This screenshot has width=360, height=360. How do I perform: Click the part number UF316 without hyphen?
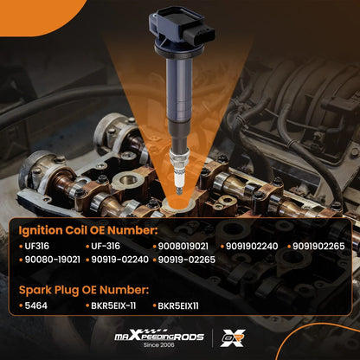click(x=36, y=246)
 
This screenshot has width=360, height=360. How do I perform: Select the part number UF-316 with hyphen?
click(x=106, y=246)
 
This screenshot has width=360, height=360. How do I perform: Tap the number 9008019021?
click(x=183, y=246)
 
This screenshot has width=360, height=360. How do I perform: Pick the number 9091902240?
click(x=252, y=246)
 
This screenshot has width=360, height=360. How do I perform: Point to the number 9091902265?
click(x=318, y=246)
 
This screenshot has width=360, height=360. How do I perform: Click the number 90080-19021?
click(x=52, y=260)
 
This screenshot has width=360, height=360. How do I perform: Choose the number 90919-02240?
click(x=119, y=260)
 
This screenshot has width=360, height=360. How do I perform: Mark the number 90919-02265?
click(x=187, y=260)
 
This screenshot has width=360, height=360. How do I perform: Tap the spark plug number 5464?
click(x=36, y=305)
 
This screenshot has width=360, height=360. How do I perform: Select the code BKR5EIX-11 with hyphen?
click(x=113, y=305)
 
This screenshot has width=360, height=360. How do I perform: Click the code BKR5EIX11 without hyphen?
click(x=178, y=305)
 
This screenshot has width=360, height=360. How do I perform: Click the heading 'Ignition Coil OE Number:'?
click(x=88, y=230)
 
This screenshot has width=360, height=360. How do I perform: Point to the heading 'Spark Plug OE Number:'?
click(x=84, y=290)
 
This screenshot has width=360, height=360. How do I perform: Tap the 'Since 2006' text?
click(x=159, y=344)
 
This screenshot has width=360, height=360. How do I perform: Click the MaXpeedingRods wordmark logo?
click(x=159, y=335)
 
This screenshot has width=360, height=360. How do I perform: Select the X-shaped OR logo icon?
click(x=233, y=337)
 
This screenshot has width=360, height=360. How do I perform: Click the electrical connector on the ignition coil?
click(x=199, y=35)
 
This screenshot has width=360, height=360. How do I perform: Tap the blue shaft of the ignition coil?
click(x=179, y=89)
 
